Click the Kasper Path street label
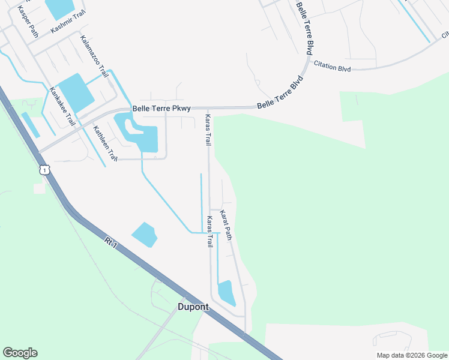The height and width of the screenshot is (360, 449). (x=28, y=22)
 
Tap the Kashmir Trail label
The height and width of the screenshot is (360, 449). (x=68, y=22)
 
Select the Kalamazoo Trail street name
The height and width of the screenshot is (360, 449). (x=94, y=56)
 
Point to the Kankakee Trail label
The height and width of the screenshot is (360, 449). (x=62, y=106)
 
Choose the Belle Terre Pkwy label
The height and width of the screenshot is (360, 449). (x=161, y=109)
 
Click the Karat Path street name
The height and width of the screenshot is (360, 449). (x=226, y=225)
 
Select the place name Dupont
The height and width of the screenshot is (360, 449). (x=193, y=307)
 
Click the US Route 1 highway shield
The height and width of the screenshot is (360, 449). (x=44, y=170)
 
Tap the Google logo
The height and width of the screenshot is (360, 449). (x=20, y=353)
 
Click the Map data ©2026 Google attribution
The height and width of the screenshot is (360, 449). (x=411, y=355)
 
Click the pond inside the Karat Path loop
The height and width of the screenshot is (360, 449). (x=226, y=292)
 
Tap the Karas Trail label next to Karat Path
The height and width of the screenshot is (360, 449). (x=210, y=232)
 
